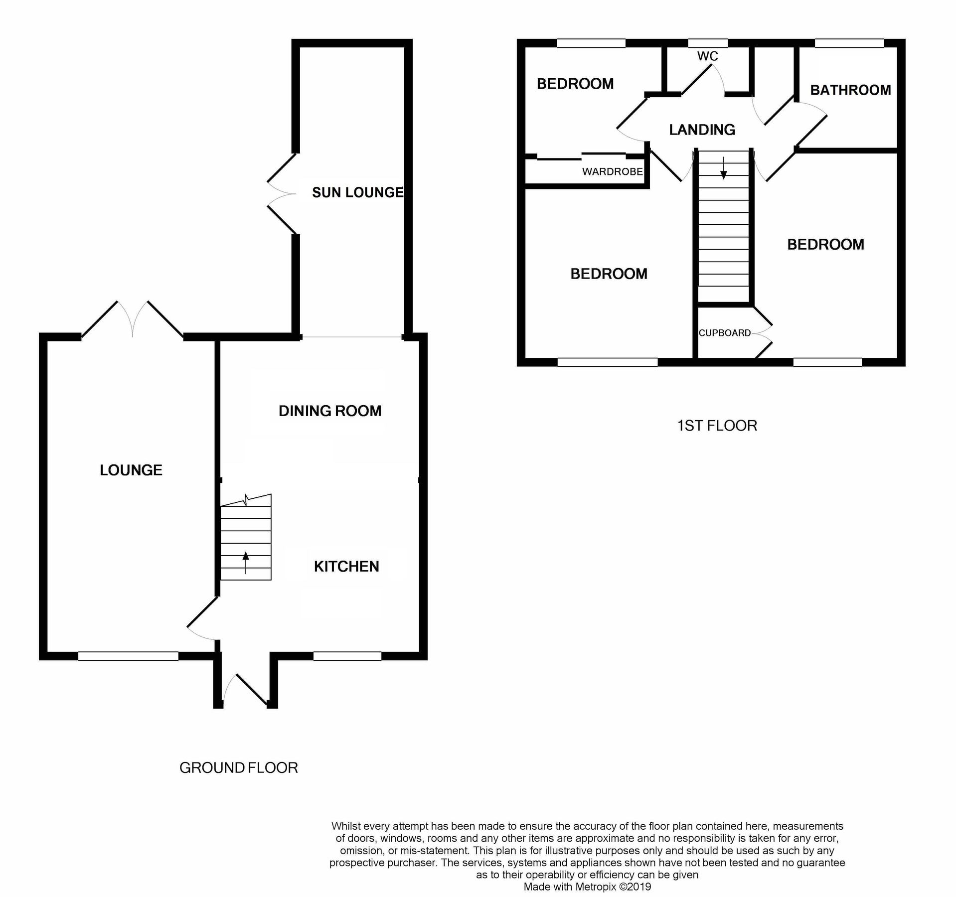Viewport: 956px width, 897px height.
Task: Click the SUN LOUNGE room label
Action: (x=357, y=192)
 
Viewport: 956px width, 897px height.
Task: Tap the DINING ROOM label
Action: (x=329, y=411)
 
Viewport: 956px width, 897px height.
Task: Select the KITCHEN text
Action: (x=346, y=566)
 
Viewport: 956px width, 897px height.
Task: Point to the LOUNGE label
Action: (x=131, y=470)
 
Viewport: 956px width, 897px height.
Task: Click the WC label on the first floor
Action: (x=707, y=56)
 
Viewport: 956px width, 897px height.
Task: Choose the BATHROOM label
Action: (x=850, y=90)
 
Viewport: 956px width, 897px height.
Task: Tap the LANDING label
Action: (x=702, y=130)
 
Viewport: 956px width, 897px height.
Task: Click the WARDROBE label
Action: (x=612, y=172)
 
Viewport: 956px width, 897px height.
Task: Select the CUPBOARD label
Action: (x=724, y=333)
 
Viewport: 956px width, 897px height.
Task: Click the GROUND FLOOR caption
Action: (x=238, y=768)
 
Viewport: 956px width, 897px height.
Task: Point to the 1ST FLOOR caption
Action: (x=717, y=426)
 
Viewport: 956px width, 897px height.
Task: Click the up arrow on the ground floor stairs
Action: (x=245, y=562)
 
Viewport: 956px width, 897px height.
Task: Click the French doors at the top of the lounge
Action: (x=133, y=319)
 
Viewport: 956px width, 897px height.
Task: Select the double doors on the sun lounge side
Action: (x=282, y=193)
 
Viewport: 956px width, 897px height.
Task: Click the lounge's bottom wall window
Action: (x=128, y=657)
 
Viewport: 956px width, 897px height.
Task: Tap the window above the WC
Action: (x=707, y=43)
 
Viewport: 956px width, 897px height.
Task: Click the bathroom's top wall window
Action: (x=849, y=43)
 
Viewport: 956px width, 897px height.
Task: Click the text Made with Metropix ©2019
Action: (x=587, y=887)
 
